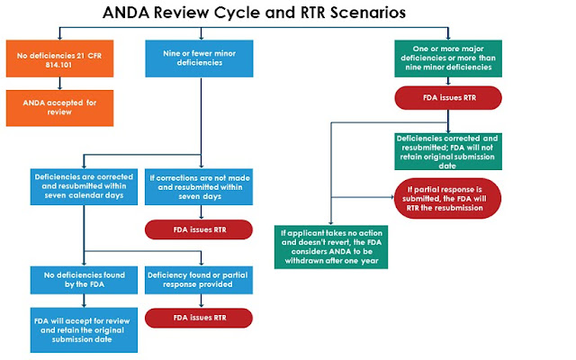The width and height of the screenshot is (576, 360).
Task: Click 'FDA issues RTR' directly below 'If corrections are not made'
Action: click(198, 229)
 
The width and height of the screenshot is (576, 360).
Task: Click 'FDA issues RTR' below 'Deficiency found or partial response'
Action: click(198, 317)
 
